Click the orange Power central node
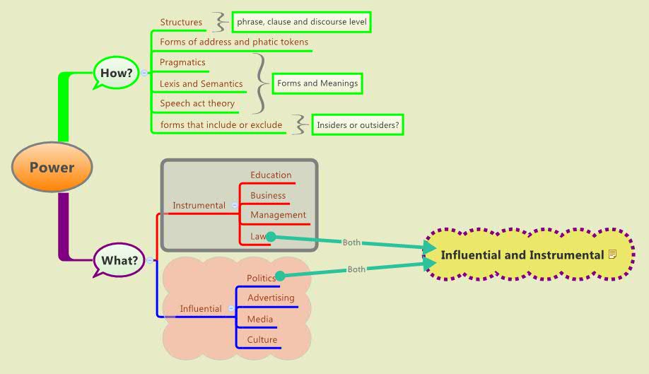(x=52, y=168)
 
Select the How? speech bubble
(x=117, y=72)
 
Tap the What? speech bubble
(x=119, y=260)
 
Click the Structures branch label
(x=181, y=22)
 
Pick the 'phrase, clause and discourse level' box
(x=302, y=22)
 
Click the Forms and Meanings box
(x=317, y=83)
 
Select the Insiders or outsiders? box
(x=358, y=125)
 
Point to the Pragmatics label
(x=182, y=62)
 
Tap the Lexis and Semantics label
(x=201, y=83)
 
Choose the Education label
(x=271, y=175)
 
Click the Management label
(x=279, y=214)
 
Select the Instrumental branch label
(x=199, y=205)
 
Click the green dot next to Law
(x=270, y=237)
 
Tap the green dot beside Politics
(x=279, y=276)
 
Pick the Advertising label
(x=271, y=298)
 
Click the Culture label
(x=262, y=339)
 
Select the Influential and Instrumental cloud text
(x=522, y=255)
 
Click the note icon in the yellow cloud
(x=612, y=254)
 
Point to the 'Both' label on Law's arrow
(x=351, y=242)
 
